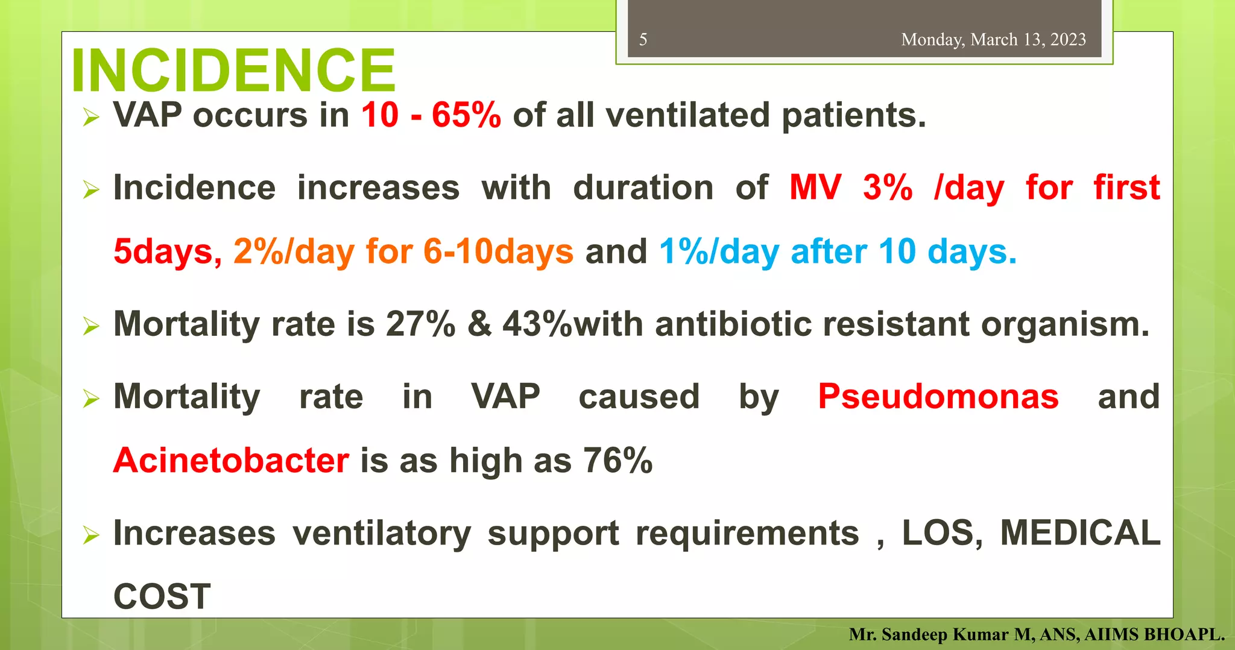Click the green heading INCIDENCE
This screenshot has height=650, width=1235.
[x=233, y=70]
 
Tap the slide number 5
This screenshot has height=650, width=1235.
[x=643, y=40]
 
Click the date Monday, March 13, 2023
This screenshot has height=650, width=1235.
[x=993, y=40]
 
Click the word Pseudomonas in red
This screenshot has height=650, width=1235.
[x=938, y=397]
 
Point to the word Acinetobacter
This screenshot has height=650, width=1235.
[x=231, y=461]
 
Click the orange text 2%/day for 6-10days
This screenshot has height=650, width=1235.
[x=403, y=251]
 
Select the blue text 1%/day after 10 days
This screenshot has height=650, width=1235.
[x=838, y=251]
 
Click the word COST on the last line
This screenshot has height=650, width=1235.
[x=162, y=597]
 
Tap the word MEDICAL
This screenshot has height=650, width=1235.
[x=1080, y=533]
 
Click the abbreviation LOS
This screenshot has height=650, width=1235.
[x=941, y=533]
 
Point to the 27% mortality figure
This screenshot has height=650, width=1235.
[x=420, y=324]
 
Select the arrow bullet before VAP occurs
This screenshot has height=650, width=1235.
[x=91, y=116]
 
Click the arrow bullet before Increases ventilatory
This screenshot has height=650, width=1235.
[x=91, y=535]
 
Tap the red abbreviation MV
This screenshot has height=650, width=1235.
[x=815, y=188]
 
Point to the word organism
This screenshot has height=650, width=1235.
[x=1065, y=324]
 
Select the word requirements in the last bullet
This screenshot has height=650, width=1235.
[x=747, y=533]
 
